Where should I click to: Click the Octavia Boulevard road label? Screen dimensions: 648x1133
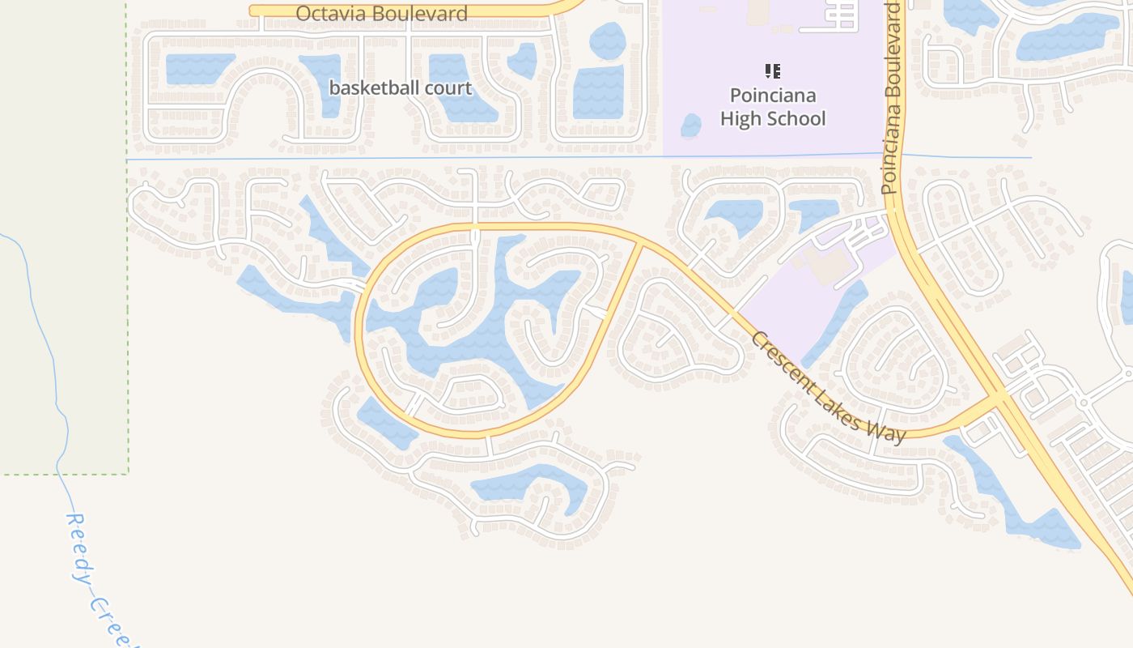tap(382, 14)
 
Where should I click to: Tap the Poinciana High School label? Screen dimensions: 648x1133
tap(773, 107)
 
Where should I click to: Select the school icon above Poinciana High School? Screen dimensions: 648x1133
tap(773, 71)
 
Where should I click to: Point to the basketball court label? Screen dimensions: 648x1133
tap(401, 87)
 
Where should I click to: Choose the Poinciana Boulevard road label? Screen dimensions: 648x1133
tap(891, 97)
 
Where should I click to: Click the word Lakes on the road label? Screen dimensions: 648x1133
tap(844, 400)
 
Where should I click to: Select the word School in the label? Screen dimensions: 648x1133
tap(796, 118)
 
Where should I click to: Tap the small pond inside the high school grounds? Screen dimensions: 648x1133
tap(690, 126)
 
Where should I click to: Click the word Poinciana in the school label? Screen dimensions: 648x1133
tap(773, 96)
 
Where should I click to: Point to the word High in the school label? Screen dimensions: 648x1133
tap(741, 118)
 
